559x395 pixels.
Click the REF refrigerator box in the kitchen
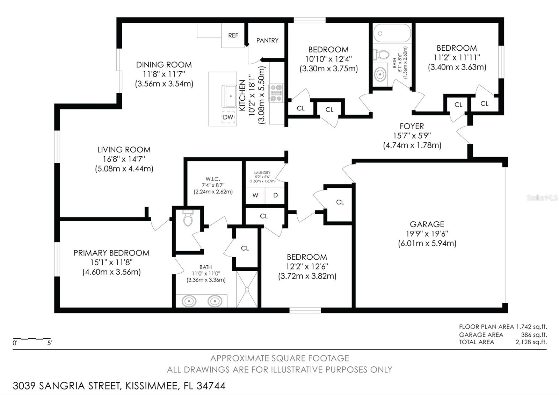pos(233,35)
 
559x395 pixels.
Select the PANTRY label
pos(267,41)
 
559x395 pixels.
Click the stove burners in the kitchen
pos(276,93)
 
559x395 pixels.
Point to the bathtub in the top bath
pos(392,34)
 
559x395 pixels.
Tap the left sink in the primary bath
pos(189,301)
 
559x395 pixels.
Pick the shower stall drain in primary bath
pos(247,289)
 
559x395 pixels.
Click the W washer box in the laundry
pos(255,195)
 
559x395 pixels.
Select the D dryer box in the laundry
pos(275,195)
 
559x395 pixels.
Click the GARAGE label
pos(427,224)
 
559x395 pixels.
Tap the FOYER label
pos(412,126)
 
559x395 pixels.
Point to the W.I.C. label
pos(213,179)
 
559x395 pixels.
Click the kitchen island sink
pos(230,96)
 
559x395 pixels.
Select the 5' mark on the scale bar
pos(50,343)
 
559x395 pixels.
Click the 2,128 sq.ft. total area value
pos(531,342)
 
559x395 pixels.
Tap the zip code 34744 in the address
pos(211,386)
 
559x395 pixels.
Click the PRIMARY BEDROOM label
pos(111,253)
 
